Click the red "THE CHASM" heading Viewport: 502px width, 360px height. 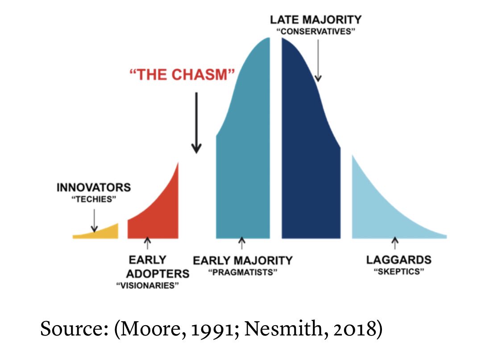182,74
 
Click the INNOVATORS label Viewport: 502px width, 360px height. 94,187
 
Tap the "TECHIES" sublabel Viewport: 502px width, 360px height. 94,199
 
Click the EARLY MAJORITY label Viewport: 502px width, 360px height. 243,260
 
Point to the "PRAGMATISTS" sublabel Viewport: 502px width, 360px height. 243,272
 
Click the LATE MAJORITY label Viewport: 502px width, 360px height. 316,20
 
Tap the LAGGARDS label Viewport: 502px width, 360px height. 398,260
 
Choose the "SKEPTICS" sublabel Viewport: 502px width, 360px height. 398,272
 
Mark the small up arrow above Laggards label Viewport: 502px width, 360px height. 394,244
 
